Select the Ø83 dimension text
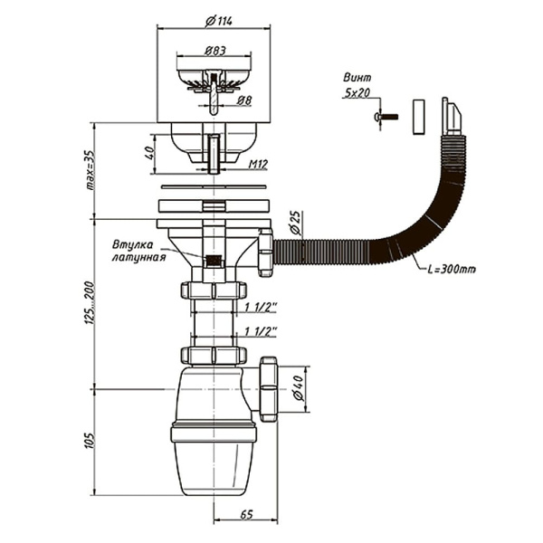[x=214, y=52]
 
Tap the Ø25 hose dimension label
[x=295, y=222]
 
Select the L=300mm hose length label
[x=447, y=269]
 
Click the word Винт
[x=358, y=78]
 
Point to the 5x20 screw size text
[x=358, y=92]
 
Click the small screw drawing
[x=386, y=117]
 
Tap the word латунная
[x=138, y=257]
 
